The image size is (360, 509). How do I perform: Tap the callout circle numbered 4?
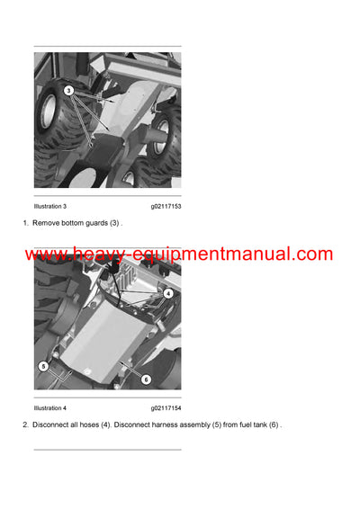[168, 293]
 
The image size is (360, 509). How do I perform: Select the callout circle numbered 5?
[41, 367]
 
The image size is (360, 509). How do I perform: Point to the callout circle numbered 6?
[145, 379]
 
